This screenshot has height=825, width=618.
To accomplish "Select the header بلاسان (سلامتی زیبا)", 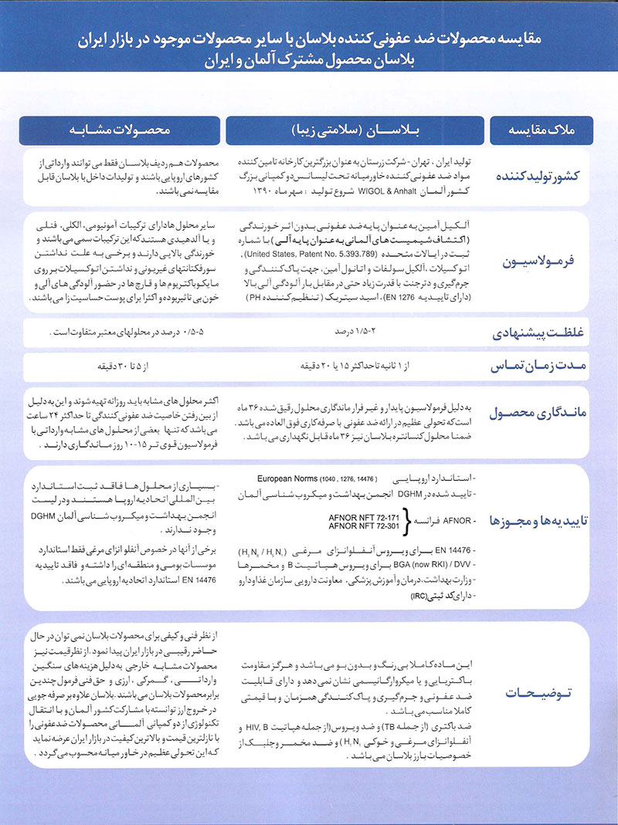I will click(354, 129).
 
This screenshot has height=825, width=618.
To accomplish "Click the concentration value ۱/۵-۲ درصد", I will click(351, 332).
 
